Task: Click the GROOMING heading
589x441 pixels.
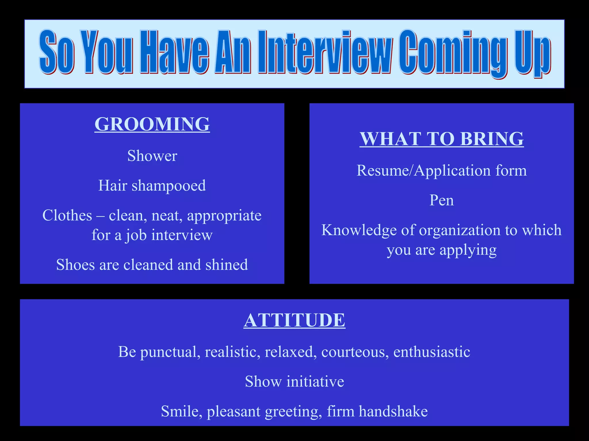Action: pyautogui.click(x=152, y=124)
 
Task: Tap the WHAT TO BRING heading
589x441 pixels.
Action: pyautogui.click(x=441, y=139)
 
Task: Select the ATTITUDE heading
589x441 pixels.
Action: pyautogui.click(x=294, y=320)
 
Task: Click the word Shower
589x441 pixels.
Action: pyautogui.click(x=152, y=156)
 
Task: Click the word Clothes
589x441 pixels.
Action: pyautogui.click(x=67, y=215)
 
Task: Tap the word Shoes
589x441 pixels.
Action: pyautogui.click(x=75, y=265)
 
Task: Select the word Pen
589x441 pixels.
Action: pyautogui.click(x=441, y=200)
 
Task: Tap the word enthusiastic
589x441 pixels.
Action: pyautogui.click(x=432, y=352)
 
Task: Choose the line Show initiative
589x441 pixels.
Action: pyautogui.click(x=294, y=382)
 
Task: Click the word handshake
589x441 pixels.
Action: pyautogui.click(x=393, y=411)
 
